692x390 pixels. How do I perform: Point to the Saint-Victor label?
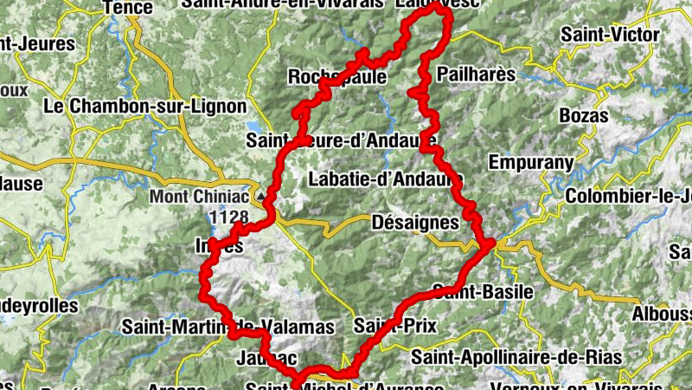tap(610, 36)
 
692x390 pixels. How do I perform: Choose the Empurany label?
tap(531, 162)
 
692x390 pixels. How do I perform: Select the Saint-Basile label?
tap(482, 291)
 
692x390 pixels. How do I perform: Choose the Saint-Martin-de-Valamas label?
tap(227, 328)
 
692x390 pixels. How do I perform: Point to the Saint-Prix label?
tap(395, 327)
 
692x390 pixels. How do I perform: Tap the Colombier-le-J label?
tap(627, 197)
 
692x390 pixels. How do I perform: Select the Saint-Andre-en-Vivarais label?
tap(282, 4)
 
